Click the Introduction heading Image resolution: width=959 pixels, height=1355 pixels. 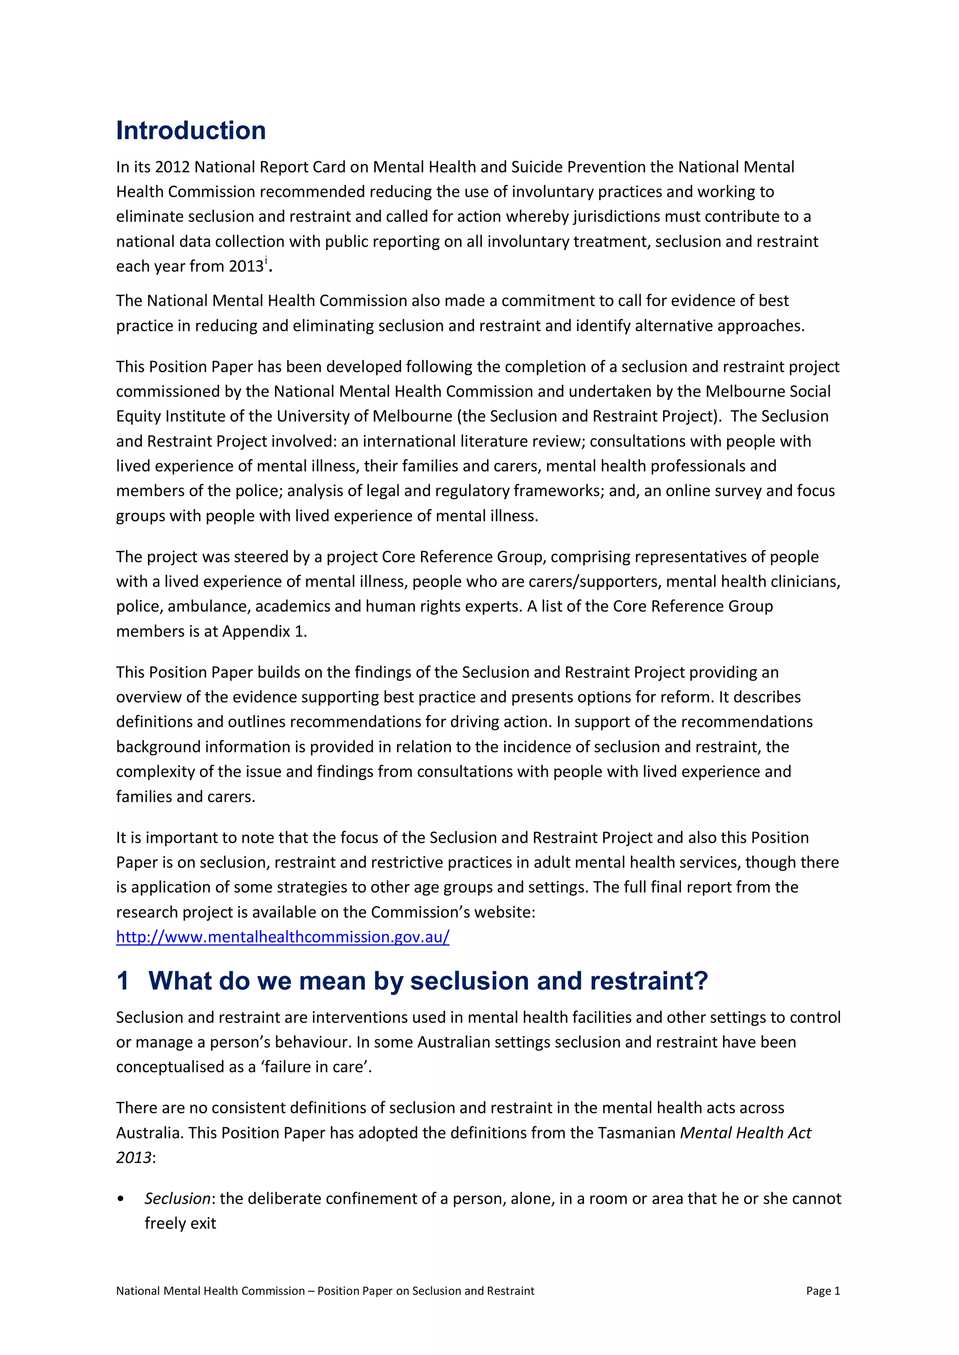(191, 131)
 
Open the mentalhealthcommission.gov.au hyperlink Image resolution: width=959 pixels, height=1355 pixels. (282, 937)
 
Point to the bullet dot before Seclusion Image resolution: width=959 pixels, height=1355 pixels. (121, 1199)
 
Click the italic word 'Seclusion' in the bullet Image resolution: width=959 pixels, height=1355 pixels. (177, 1199)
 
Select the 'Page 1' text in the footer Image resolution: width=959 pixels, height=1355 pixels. (823, 1291)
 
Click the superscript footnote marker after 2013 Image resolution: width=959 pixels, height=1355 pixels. (266, 260)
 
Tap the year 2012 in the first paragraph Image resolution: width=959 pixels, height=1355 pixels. (172, 167)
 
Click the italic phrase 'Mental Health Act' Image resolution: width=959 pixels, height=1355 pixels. (745, 1132)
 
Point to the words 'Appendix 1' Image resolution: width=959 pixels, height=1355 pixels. (263, 632)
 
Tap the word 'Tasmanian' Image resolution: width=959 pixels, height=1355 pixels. (636, 1132)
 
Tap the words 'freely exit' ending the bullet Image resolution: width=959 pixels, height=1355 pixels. (180, 1224)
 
